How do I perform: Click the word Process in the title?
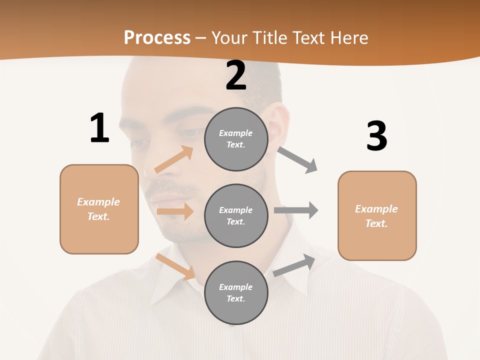[x=157, y=37]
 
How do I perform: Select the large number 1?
[x=99, y=128]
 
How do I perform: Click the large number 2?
[x=236, y=75]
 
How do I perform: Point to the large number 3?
[x=376, y=136]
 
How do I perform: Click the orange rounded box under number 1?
[x=99, y=209]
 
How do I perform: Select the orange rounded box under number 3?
[x=377, y=215]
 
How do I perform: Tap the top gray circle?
[x=236, y=139]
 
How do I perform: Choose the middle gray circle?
[x=236, y=215]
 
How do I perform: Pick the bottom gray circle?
[x=236, y=292]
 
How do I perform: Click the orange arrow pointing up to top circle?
[x=174, y=159]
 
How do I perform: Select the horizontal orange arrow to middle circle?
[x=175, y=211]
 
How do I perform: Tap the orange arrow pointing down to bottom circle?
[x=175, y=266]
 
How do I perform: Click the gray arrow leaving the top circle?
[x=297, y=159]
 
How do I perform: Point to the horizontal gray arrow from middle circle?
[x=296, y=210]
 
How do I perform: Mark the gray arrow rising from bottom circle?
[x=294, y=265]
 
